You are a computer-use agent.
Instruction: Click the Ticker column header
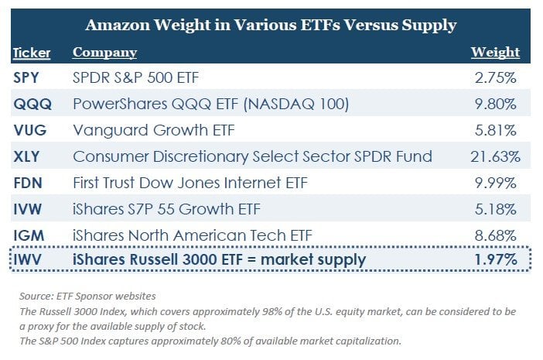click(x=32, y=53)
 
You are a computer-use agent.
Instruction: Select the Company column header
click(x=104, y=53)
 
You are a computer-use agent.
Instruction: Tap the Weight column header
click(x=495, y=53)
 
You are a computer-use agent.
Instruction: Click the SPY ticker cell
click(x=29, y=78)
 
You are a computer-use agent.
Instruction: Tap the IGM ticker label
click(x=29, y=234)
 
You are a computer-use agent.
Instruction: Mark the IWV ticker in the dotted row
click(x=29, y=259)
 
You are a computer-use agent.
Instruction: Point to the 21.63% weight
click(x=496, y=156)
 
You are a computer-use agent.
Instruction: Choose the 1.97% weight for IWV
click(x=498, y=259)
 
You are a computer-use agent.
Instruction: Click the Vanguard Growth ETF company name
click(x=142, y=130)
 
